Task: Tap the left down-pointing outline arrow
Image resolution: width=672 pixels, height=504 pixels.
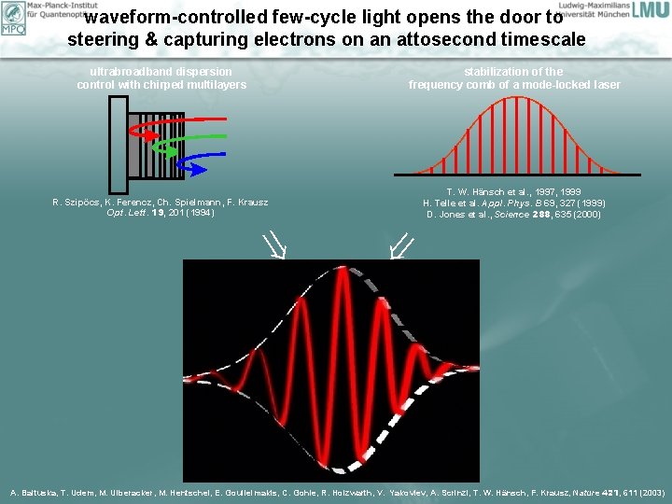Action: [274, 246]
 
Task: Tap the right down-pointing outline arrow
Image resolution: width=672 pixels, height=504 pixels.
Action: [402, 246]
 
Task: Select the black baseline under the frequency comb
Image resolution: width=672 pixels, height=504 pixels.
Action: [514, 175]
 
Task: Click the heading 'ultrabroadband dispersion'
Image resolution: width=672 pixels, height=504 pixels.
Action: [161, 72]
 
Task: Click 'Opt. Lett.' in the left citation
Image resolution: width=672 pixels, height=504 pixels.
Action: [123, 213]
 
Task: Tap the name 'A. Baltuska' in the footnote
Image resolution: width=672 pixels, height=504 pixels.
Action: [35, 492]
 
